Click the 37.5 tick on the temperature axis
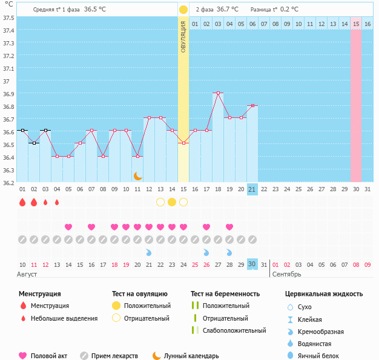pyautogui.click(x=8, y=17)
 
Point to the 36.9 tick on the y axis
pyautogui.click(x=8, y=94)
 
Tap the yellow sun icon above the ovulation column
pyautogui.click(x=183, y=10)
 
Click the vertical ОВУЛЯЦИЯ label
pyautogui.click(x=183, y=36)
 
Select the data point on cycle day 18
pyautogui.click(x=217, y=93)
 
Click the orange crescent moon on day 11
pyautogui.click(x=137, y=175)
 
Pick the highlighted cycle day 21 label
pyautogui.click(x=252, y=189)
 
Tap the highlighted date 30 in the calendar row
pyautogui.click(x=252, y=264)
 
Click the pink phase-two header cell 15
pyautogui.click(x=356, y=24)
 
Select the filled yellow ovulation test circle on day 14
pyautogui.click(x=172, y=202)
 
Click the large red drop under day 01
pyautogui.click(x=22, y=202)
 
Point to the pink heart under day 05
pyautogui.click(x=68, y=227)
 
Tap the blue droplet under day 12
pyautogui.click(x=149, y=252)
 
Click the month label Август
pyautogui.click(x=28, y=274)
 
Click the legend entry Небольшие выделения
pyautogui.click(x=64, y=318)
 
